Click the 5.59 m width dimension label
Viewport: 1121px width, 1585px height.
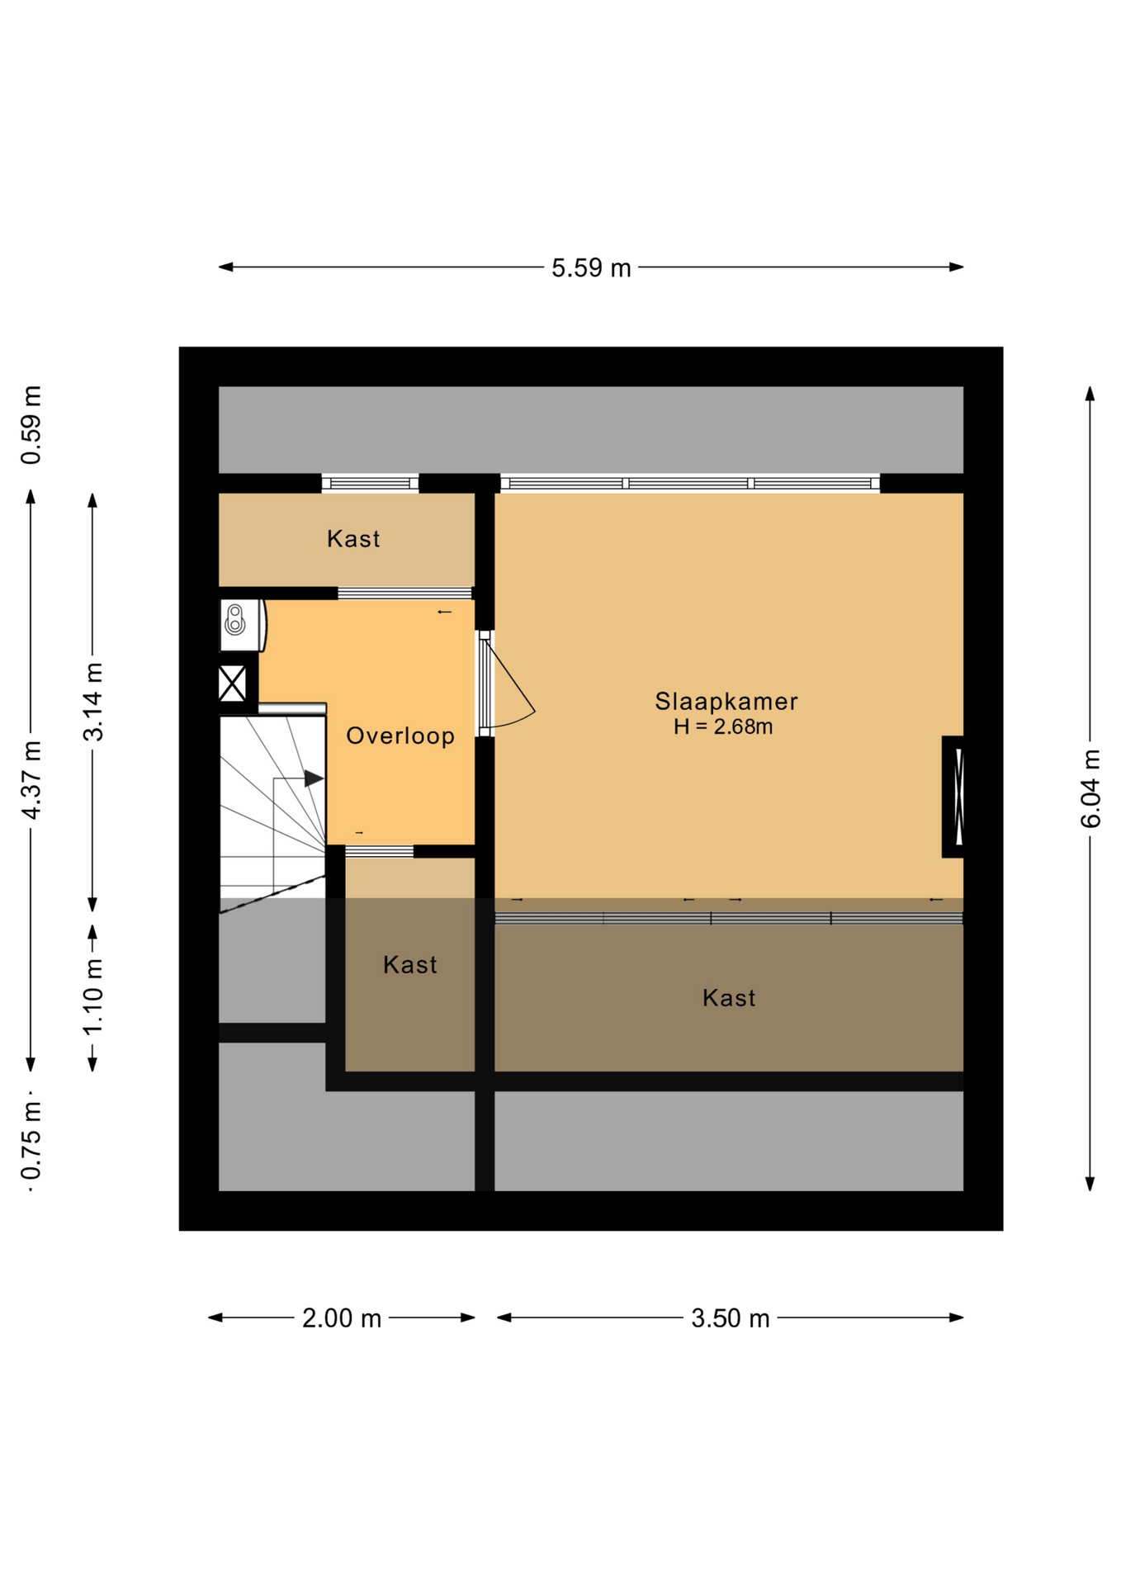pos(591,268)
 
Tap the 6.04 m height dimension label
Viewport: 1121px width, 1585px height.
pos(1090,788)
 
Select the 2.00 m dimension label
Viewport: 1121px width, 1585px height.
pos(342,1318)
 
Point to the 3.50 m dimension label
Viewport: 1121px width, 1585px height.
pos(730,1318)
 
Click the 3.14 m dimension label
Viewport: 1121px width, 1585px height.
pos(93,702)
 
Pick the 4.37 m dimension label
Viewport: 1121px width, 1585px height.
pos(31,780)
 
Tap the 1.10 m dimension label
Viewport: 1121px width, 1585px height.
pos(93,996)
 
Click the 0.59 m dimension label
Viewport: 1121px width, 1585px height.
pos(31,425)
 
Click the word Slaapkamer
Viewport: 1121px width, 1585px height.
pos(726,702)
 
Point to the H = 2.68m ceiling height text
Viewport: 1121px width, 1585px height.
pos(723,727)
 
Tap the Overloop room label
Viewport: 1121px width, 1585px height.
pos(400,736)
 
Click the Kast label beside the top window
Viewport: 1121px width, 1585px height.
pos(353,539)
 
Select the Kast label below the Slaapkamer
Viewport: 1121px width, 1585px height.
pos(729,998)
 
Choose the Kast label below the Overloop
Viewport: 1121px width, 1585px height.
pos(410,965)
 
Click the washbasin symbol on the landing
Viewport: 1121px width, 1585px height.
pos(235,621)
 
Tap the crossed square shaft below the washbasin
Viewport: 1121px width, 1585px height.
pos(232,684)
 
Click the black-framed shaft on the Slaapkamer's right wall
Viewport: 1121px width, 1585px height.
pos(953,797)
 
